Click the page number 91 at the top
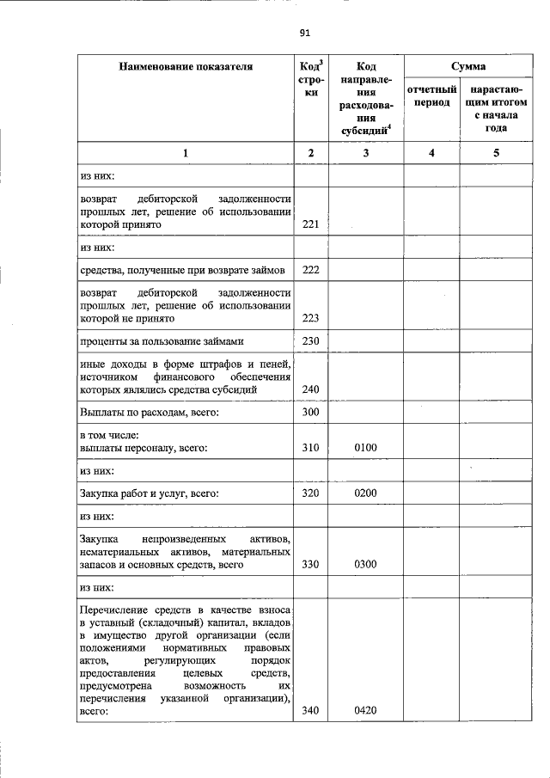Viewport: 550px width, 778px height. pos(303,34)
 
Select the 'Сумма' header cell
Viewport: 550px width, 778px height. pos(467,66)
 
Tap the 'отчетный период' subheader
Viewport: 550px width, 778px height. pos(431,95)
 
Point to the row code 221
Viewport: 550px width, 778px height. pos(311,224)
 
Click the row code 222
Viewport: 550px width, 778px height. pos(311,269)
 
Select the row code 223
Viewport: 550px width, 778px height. pos(311,317)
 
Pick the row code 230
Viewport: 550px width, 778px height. pos(311,341)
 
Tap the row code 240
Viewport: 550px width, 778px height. pos(311,389)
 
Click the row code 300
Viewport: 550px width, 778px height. pos(311,413)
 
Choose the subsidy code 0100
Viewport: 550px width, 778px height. pos(365,448)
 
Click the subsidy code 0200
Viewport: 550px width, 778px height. pos(365,493)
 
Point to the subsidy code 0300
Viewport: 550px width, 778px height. pos(365,565)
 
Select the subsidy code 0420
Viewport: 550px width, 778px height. pos(365,710)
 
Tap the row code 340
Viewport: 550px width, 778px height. pos(311,710)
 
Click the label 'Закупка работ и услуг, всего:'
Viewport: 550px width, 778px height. pos(148,493)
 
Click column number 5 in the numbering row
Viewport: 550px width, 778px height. pos(496,152)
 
